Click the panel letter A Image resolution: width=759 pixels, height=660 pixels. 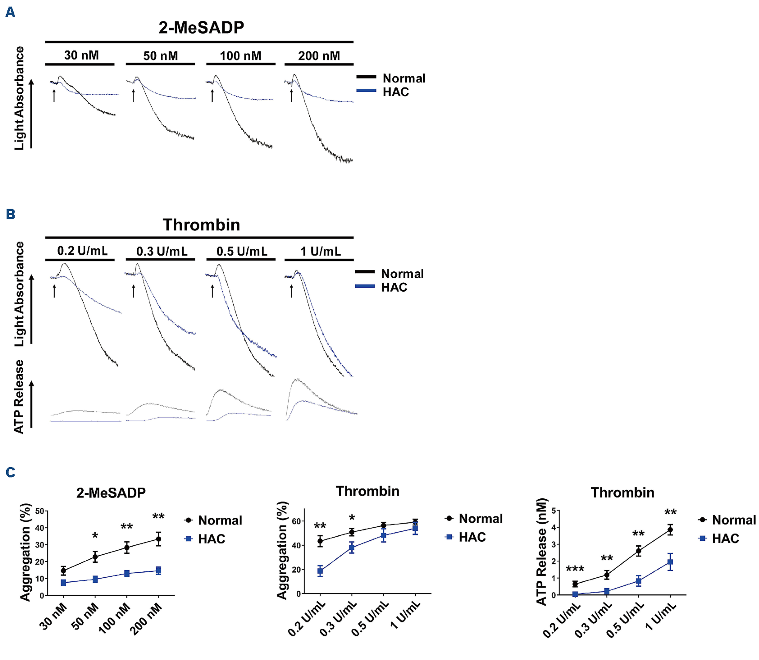click(10, 12)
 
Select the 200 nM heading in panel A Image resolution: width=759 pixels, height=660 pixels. click(319, 56)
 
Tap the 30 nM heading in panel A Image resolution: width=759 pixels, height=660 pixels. click(81, 55)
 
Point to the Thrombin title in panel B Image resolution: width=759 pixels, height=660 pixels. click(201, 225)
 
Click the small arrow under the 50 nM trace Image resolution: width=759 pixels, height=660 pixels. click(133, 96)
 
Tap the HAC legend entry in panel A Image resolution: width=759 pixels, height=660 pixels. click(395, 92)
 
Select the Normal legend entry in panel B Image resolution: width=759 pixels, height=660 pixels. click(402, 274)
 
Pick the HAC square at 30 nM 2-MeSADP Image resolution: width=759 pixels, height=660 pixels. click(63, 583)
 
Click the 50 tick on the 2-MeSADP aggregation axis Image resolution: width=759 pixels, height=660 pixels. click(40, 511)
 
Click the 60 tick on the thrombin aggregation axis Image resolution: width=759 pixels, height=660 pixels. click(296, 521)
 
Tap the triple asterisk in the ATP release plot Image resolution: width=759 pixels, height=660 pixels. click(575, 569)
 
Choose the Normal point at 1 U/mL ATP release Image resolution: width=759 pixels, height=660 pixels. click(670, 530)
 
